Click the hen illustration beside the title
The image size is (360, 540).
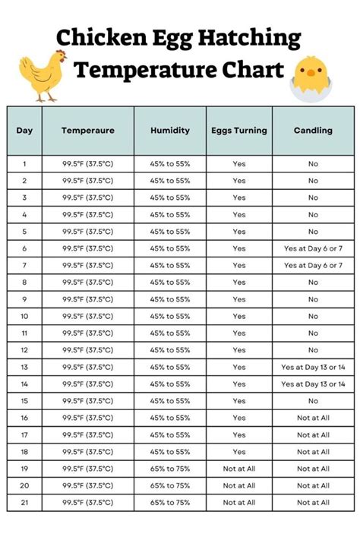(41, 75)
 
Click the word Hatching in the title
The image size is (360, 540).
(250, 38)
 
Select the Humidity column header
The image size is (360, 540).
(169, 131)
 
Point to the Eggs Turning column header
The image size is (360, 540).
(239, 131)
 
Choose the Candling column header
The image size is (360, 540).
(313, 131)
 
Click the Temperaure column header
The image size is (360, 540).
(88, 131)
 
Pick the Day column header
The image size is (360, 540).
(24, 131)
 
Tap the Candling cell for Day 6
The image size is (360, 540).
(313, 248)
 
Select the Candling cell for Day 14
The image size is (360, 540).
(313, 384)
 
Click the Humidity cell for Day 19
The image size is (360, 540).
(169, 469)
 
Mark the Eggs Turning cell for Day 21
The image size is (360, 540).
(239, 503)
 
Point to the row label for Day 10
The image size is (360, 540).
(24, 316)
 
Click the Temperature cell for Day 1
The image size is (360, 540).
(88, 164)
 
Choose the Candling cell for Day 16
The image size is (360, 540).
(313, 418)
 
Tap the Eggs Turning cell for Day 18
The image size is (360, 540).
(239, 452)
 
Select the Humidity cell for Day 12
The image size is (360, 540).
(169, 350)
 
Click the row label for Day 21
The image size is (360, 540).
(24, 503)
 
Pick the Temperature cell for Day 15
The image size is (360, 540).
(88, 401)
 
